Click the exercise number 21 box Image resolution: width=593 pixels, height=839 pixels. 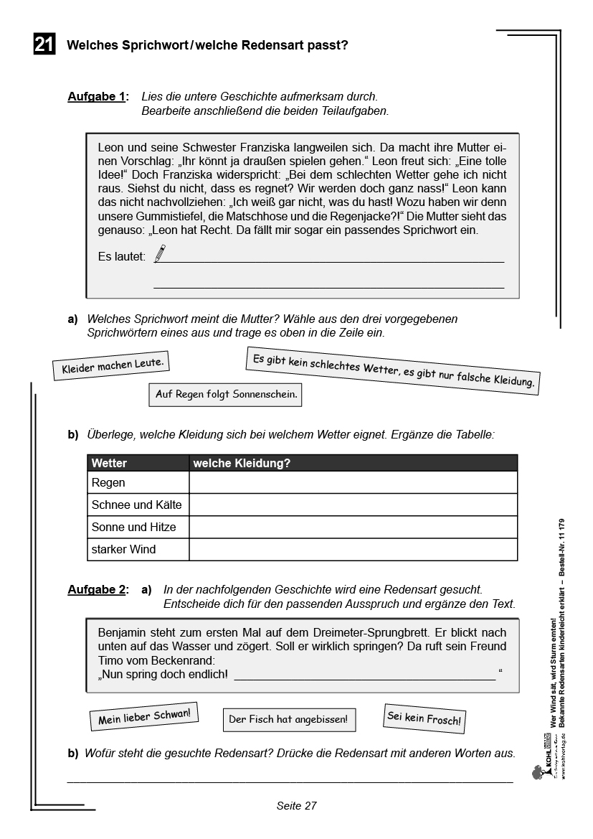44,45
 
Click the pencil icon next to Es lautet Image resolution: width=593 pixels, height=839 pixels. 159,253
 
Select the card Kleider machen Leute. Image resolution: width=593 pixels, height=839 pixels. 113,366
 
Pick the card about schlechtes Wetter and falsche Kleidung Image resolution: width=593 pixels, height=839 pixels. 393,370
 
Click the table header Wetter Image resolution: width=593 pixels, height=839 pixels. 109,463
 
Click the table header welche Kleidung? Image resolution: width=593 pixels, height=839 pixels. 241,463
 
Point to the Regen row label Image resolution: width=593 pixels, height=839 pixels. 108,483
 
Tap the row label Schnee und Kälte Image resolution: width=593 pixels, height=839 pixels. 136,505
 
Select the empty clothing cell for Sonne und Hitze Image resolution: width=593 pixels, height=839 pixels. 353,527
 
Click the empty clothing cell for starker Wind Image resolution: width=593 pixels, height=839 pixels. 353,549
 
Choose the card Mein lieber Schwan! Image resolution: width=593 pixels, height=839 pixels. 143,716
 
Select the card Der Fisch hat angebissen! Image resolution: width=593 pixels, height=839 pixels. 288,718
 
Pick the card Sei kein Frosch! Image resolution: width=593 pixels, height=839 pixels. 424,718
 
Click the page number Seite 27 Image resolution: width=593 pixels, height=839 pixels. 296,805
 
